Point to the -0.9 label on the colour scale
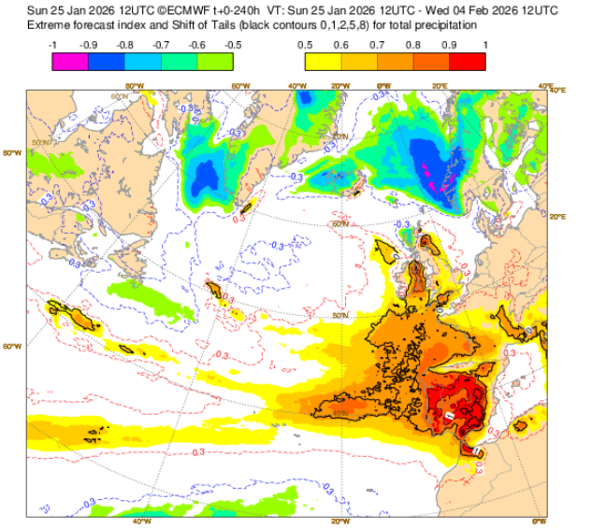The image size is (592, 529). coord(89,44)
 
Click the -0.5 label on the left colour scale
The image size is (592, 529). coord(233,44)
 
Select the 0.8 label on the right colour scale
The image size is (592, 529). coord(413,44)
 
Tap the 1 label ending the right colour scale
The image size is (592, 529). coord(485,44)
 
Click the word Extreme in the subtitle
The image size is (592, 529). coord(49,24)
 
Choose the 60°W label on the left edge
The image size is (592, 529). coord(12,347)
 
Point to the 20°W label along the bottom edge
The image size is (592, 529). coord(339,522)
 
